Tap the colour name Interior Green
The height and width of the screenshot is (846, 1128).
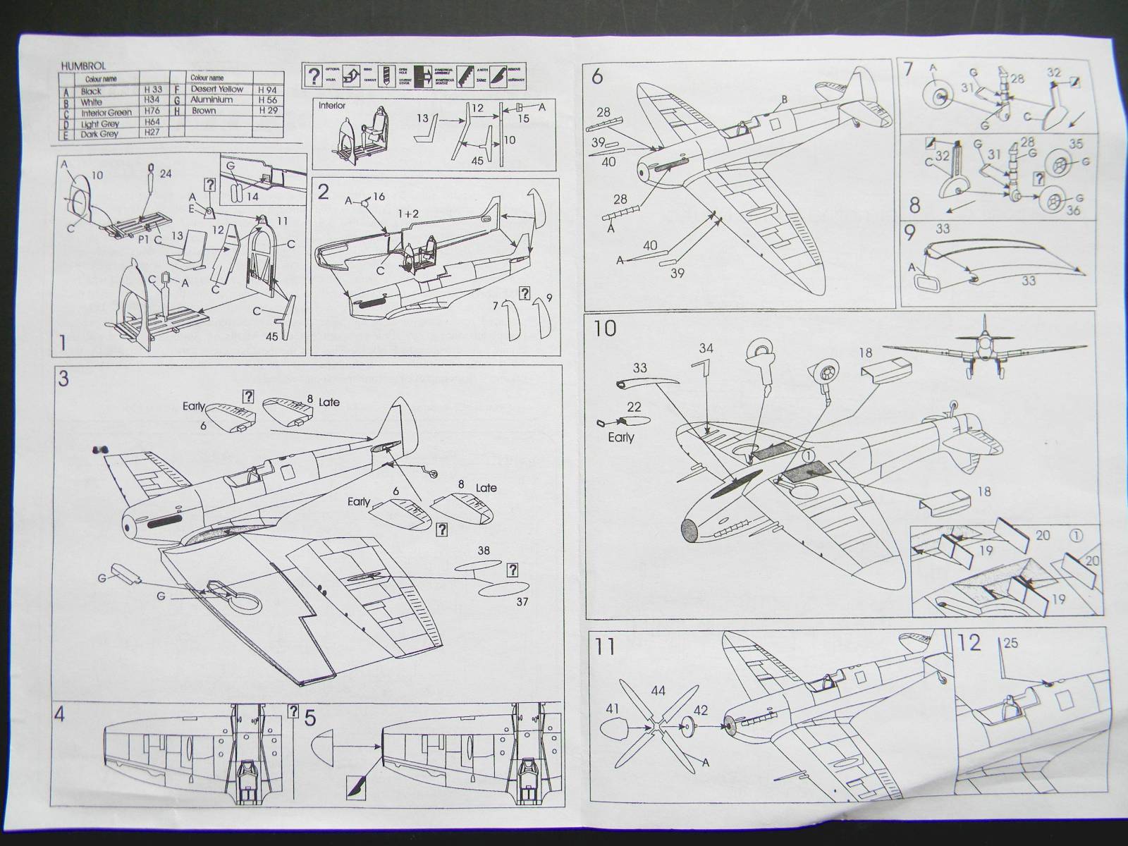pos(106,113)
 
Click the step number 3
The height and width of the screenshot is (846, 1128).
pos(63,379)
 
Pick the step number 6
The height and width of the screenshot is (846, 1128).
pos(597,77)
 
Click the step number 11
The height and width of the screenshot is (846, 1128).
pos(605,647)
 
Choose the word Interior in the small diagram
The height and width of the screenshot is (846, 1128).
pos(333,104)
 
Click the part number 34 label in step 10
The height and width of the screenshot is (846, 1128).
pos(706,348)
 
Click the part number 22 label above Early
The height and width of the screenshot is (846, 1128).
pos(634,407)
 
